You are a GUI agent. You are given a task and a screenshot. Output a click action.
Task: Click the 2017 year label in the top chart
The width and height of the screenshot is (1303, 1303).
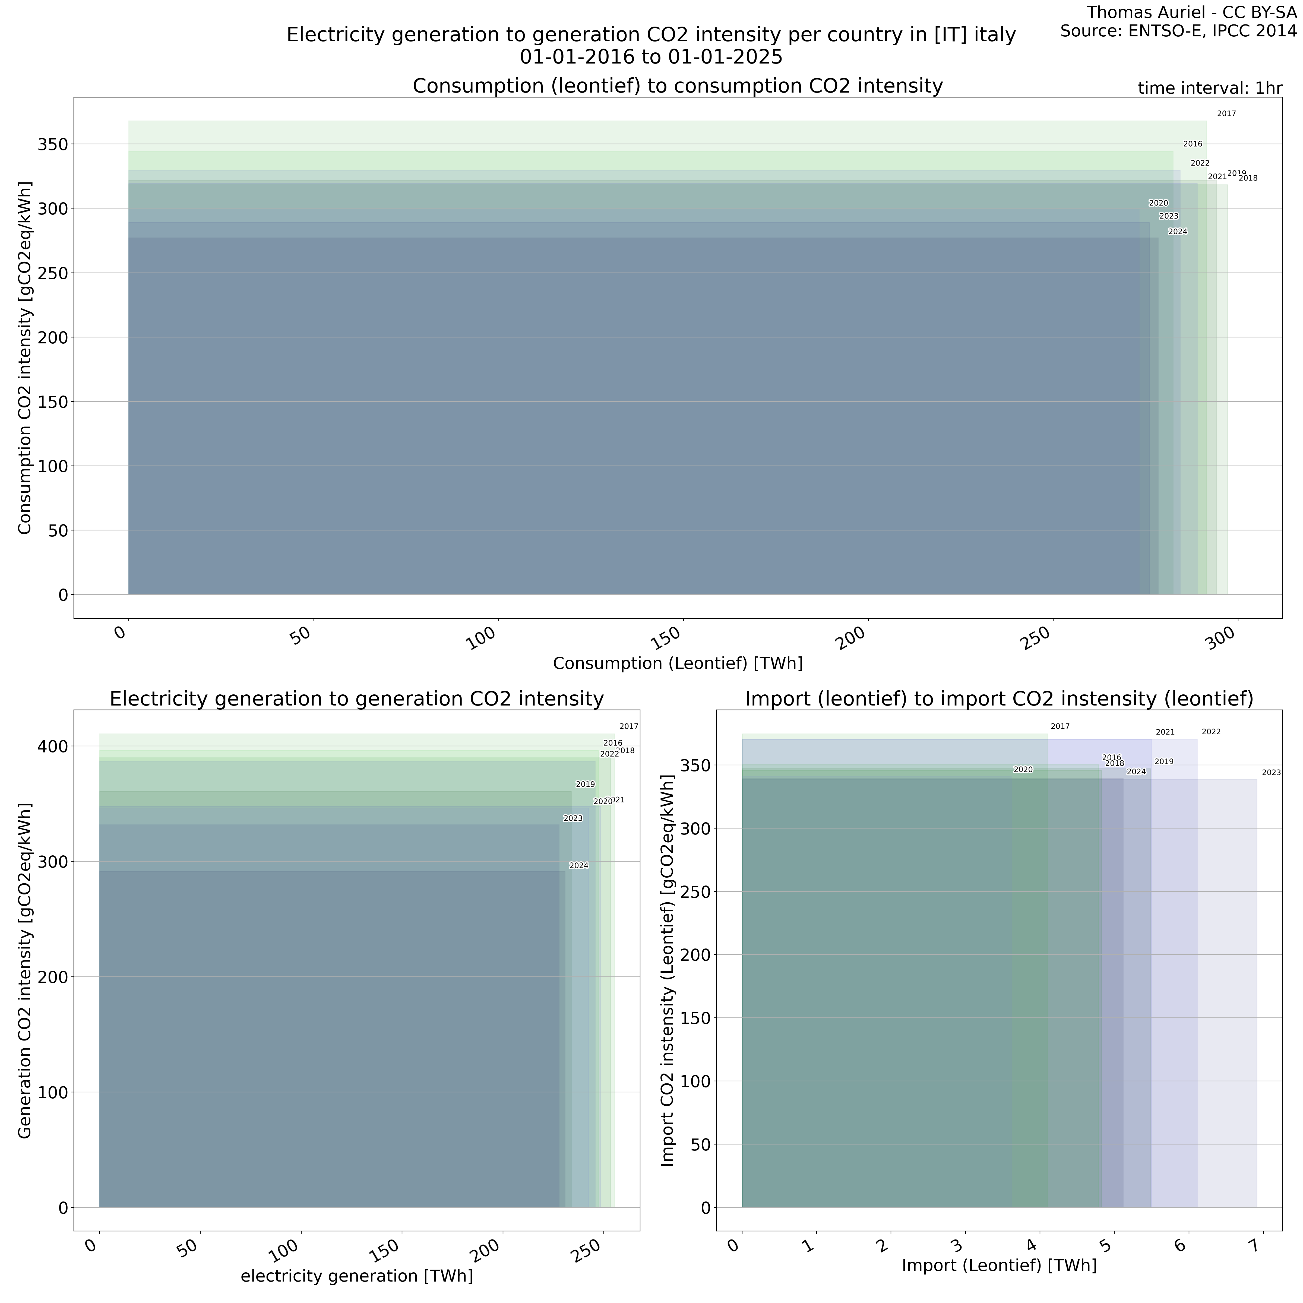1226,114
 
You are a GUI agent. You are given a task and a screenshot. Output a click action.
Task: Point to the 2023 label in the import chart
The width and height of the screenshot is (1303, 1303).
1271,773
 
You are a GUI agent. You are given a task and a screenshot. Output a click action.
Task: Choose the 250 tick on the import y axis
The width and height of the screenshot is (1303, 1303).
697,891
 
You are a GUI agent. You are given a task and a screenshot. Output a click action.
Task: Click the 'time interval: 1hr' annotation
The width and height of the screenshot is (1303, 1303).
1209,88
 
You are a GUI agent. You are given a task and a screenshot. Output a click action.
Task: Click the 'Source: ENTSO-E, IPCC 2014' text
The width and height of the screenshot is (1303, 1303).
1178,31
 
